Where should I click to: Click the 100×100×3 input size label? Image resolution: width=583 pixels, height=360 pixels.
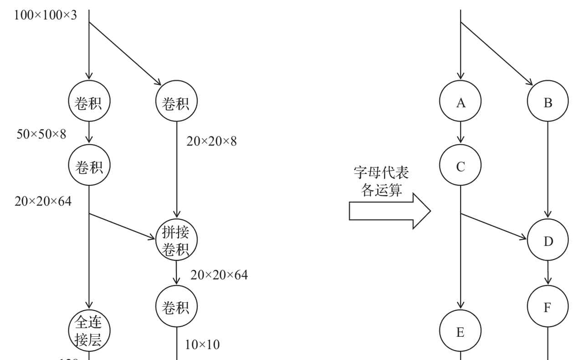[46, 15]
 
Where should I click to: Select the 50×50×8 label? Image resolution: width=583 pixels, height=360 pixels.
[41, 134]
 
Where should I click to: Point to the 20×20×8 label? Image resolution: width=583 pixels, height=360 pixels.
[211, 141]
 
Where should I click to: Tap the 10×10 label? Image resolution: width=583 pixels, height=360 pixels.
[202, 345]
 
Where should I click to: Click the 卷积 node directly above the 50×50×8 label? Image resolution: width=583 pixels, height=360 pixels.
[88, 103]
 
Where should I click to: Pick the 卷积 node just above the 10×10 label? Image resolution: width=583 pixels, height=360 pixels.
[176, 307]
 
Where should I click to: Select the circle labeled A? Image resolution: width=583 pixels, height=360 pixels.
[460, 103]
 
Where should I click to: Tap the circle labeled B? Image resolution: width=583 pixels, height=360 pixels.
[547, 103]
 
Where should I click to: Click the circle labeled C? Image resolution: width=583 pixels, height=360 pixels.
[460, 167]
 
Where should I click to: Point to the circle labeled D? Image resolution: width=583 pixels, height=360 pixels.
[547, 241]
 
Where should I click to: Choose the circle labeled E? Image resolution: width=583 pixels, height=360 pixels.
[460, 332]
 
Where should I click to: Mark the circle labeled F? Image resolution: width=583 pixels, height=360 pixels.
[547, 307]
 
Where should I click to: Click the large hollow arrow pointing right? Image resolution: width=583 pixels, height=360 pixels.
[389, 211]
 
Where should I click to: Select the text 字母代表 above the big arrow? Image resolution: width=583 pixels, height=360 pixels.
[381, 173]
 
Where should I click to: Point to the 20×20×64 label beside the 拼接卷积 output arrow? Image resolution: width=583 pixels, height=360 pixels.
[219, 275]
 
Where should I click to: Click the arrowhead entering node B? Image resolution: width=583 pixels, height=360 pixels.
[529, 83]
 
